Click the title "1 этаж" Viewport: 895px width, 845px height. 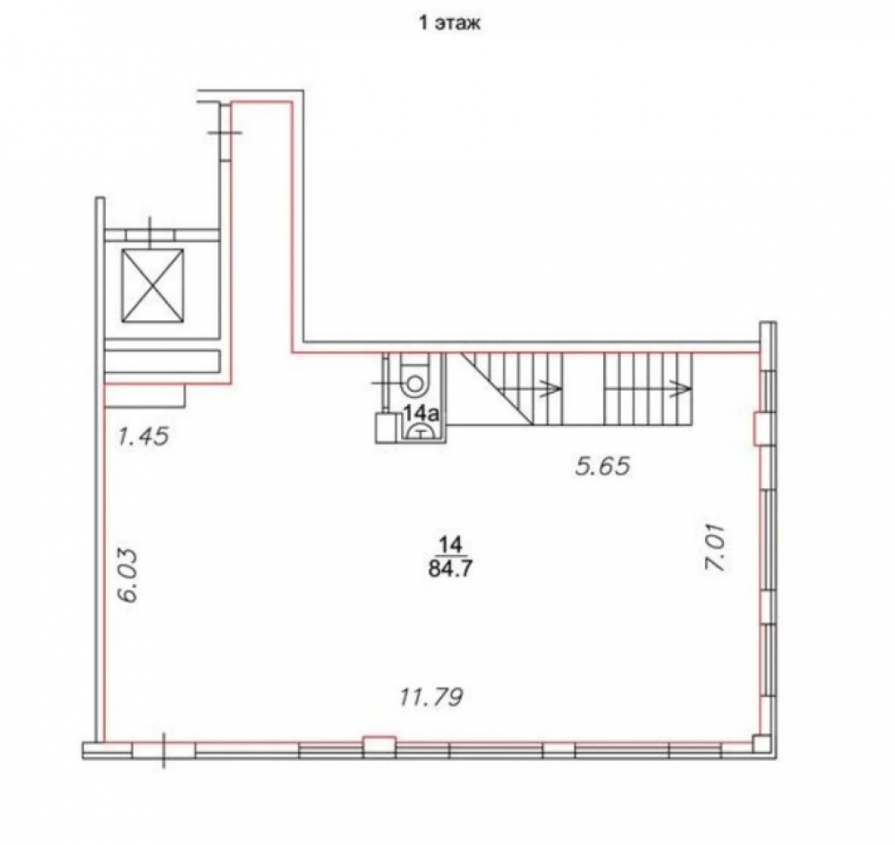(x=450, y=24)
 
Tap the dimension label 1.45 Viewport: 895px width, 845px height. (x=143, y=436)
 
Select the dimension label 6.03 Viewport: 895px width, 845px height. (x=128, y=575)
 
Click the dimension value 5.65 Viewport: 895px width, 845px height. (x=602, y=467)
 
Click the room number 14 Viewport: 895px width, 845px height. (x=450, y=545)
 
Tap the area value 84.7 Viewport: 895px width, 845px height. (x=450, y=569)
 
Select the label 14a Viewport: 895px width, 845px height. (x=422, y=413)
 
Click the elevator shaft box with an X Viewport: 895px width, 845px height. (x=152, y=285)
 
